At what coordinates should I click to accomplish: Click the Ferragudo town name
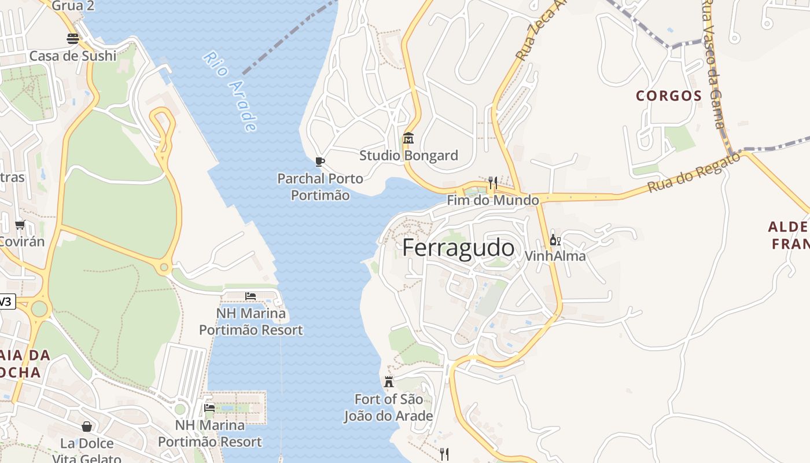coord(458,248)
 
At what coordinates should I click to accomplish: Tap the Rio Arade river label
coord(230,91)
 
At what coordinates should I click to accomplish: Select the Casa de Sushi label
coord(73,56)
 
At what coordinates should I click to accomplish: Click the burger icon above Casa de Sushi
coord(73,39)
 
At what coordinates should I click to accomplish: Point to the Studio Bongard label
coord(408,155)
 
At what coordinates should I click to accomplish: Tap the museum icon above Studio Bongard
coord(408,138)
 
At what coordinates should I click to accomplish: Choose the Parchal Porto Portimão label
coord(320,186)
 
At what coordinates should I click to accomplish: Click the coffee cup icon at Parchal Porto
coord(319,161)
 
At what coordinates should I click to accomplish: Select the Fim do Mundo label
coord(493,200)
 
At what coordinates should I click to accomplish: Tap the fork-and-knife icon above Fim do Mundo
coord(493,183)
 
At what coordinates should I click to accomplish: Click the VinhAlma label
coord(555,256)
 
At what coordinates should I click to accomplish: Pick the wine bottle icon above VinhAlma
coord(554,240)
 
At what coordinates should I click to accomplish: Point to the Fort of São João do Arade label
coord(388,407)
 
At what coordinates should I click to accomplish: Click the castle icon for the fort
coord(389,382)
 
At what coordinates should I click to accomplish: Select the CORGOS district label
coord(669,96)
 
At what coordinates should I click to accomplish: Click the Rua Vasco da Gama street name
coord(713,64)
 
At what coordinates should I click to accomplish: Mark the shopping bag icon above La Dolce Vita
coord(87,427)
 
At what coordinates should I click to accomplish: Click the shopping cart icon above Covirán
coord(20,225)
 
